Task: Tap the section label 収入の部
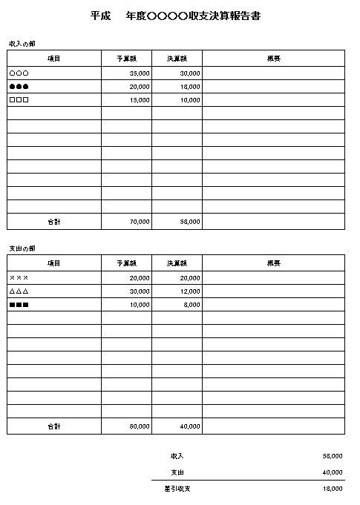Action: (x=22, y=43)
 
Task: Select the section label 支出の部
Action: (x=22, y=248)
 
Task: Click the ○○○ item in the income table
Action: (x=19, y=73)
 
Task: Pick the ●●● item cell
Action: (x=19, y=87)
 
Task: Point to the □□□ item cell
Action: (x=19, y=100)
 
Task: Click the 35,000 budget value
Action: (x=139, y=73)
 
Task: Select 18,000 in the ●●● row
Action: (x=189, y=87)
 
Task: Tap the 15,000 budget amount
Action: (x=139, y=100)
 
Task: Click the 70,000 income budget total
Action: (x=139, y=222)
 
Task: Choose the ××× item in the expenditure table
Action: (x=19, y=278)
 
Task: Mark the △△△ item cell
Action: (x=19, y=291)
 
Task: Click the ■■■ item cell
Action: (x=19, y=305)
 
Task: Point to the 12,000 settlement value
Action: (x=189, y=291)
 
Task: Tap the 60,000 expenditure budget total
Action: (x=139, y=426)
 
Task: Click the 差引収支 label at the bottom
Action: (x=177, y=489)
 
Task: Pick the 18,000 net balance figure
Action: (x=332, y=489)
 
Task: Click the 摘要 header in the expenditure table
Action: (x=273, y=263)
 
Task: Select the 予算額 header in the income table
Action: (x=126, y=58)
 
